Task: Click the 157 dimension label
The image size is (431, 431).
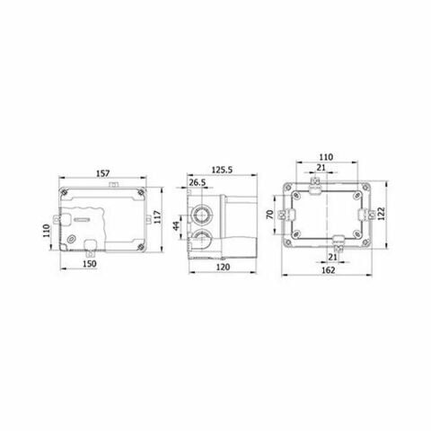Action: (x=104, y=173)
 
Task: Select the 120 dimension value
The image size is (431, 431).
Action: (x=221, y=266)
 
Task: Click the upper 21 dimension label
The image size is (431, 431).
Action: (x=321, y=167)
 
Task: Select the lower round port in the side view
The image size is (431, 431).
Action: (x=203, y=239)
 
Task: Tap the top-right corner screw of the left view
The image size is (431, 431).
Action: (x=141, y=193)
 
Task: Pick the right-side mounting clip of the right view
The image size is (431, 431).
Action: (x=367, y=214)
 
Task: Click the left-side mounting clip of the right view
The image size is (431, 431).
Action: (x=280, y=215)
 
